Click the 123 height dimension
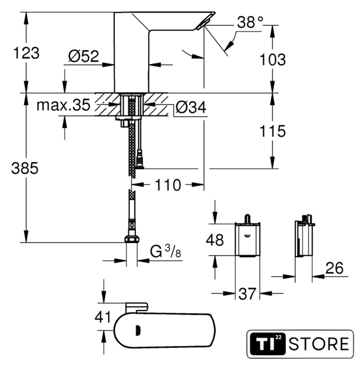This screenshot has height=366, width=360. pos(26,53)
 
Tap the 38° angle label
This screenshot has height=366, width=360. pos(250,23)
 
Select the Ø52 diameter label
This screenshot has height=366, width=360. pos(83,56)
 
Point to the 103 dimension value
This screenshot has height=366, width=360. pos(273,59)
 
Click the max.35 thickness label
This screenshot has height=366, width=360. pos(63,105)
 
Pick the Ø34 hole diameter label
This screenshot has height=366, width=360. pos(191,108)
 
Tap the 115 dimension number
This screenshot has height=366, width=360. pos(273,131)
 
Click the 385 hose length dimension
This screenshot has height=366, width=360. pos(25,168)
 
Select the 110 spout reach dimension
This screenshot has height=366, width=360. pos(168,185)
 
